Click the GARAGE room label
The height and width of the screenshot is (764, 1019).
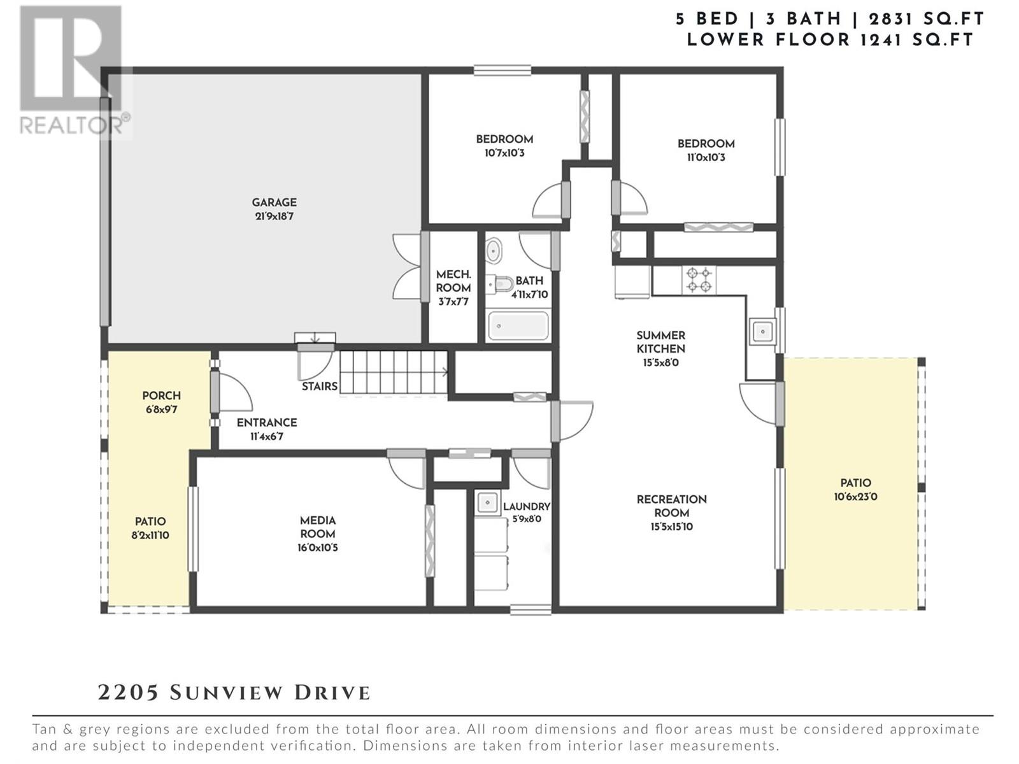[274, 202]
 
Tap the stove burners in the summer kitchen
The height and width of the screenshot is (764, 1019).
[699, 279]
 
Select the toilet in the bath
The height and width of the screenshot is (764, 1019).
[499, 283]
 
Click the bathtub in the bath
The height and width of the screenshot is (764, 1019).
[518, 325]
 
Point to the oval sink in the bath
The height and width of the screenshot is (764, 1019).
[493, 250]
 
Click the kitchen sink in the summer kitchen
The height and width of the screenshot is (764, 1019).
[762, 331]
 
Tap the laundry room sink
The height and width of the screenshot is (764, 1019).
[487, 502]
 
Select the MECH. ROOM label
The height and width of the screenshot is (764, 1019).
[453, 281]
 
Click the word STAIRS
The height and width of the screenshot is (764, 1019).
[320, 386]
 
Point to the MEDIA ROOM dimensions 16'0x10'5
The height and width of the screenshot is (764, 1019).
[318, 548]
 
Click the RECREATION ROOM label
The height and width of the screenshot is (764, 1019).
[672, 506]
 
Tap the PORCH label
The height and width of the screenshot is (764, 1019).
[162, 395]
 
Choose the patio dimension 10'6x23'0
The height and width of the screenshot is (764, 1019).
[855, 497]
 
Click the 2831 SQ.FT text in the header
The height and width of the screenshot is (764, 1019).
[927, 19]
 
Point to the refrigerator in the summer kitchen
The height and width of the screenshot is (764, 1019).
[632, 281]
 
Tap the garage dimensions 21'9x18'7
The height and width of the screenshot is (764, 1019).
[274, 216]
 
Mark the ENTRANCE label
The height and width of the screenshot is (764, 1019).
[266, 423]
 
